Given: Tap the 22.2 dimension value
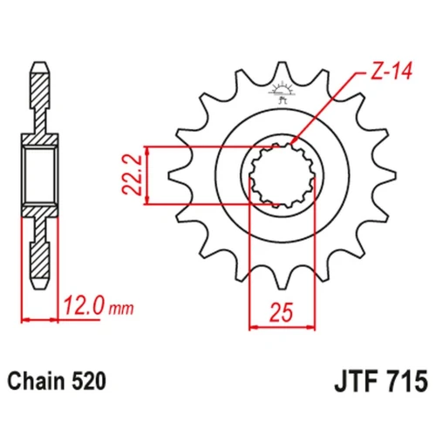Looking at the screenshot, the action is [132, 175].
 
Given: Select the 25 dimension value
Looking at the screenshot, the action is [282, 312].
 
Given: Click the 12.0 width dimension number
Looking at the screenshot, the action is [83, 306].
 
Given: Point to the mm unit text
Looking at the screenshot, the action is [121, 309].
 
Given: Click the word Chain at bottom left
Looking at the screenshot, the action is [36, 381].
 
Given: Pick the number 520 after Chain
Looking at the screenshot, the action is [88, 381].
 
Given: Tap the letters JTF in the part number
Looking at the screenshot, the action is [358, 381].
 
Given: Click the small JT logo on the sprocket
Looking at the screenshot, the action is [282, 92].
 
